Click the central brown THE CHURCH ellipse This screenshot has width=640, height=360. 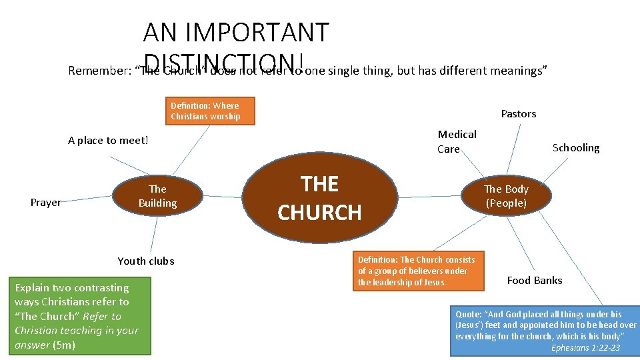(319, 197)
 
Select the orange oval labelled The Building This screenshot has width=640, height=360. (157, 196)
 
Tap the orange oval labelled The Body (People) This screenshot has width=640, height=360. (506, 196)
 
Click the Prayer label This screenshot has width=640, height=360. (45, 203)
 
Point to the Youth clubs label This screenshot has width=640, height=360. (146, 261)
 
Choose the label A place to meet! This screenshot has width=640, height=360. (108, 141)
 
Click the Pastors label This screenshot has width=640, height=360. (518, 114)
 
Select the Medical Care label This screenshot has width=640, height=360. (457, 141)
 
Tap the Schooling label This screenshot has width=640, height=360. (575, 148)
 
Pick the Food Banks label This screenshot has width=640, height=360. (534, 281)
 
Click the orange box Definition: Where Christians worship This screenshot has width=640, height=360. (205, 111)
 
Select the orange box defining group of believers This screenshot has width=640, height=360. (419, 271)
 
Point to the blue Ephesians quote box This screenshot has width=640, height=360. (544, 331)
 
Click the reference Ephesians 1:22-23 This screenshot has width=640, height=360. (585, 348)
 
